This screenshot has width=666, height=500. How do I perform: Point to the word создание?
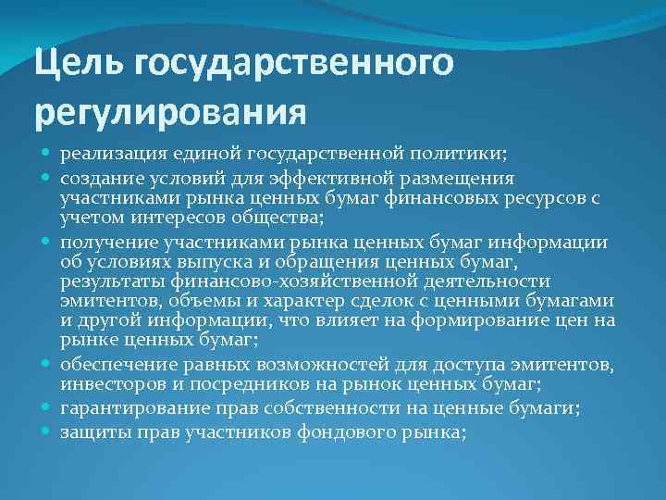tap(99, 176)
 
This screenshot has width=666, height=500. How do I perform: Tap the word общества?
tap(274, 218)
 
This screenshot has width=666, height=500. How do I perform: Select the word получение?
tap(104, 243)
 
